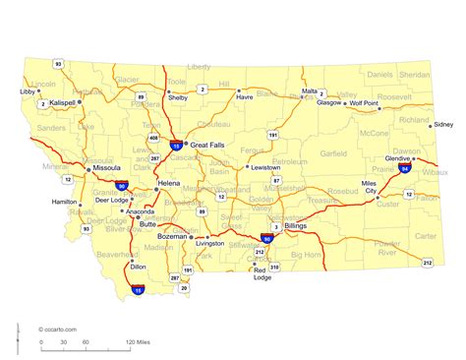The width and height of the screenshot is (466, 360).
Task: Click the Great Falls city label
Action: [209, 144]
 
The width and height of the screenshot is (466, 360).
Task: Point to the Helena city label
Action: [170, 184]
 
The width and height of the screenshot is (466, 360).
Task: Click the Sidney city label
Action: [443, 125]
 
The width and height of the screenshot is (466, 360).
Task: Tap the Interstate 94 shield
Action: [406, 169]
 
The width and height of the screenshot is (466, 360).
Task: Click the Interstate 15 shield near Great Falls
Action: [175, 146]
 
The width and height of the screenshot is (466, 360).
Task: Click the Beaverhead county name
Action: [118, 253]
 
